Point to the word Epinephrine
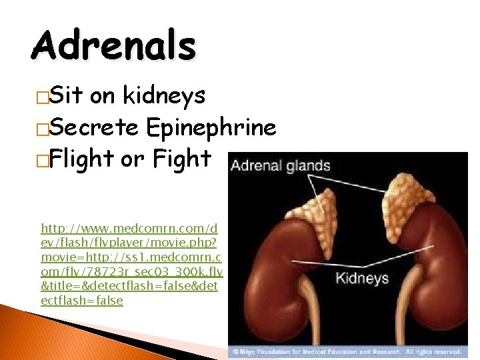pyautogui.click(x=211, y=128)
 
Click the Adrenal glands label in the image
pyautogui.click(x=281, y=165)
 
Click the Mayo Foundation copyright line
pyautogui.click(x=347, y=351)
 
